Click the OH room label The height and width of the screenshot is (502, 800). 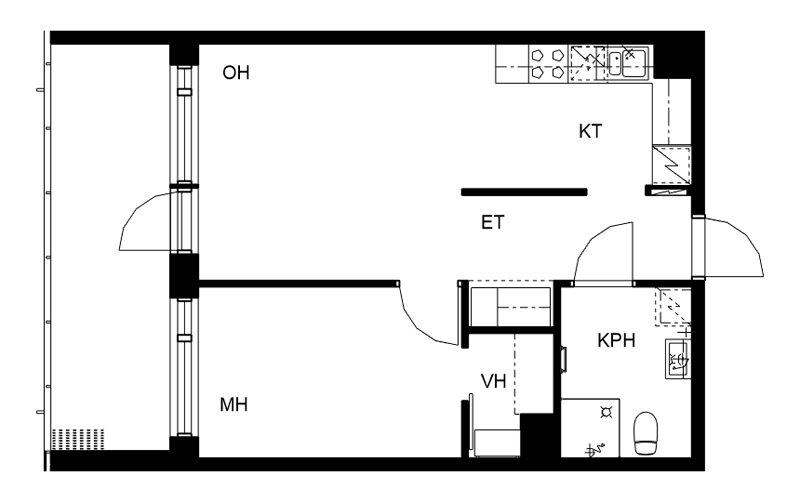pyautogui.click(x=236, y=73)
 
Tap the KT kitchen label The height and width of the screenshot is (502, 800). pyautogui.click(x=590, y=132)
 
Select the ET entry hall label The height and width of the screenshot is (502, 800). pyautogui.click(x=493, y=222)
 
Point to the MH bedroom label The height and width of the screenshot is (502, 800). pyautogui.click(x=234, y=405)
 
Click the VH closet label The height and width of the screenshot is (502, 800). pyautogui.click(x=493, y=381)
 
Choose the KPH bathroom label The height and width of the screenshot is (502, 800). pyautogui.click(x=616, y=340)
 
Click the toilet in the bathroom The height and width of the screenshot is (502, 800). pyautogui.click(x=645, y=433)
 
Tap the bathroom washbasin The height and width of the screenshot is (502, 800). pyautogui.click(x=678, y=359)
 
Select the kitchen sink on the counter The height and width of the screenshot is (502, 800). pyautogui.click(x=628, y=63)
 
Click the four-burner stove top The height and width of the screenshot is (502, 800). pyautogui.click(x=546, y=63)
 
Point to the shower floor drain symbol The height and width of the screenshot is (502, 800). pyautogui.click(x=606, y=412)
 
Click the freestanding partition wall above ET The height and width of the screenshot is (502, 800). pyautogui.click(x=524, y=192)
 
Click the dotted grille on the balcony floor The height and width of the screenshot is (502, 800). pyautogui.click(x=78, y=439)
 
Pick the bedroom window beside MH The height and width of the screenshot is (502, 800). pyautogui.click(x=184, y=367)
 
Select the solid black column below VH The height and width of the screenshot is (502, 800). pyautogui.click(x=537, y=435)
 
